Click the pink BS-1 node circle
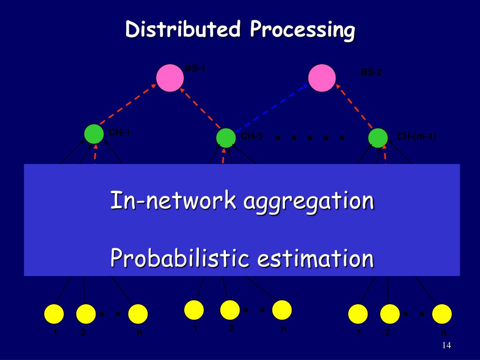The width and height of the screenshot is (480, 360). [x=170, y=78]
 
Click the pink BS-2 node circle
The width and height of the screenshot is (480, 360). [x=322, y=78]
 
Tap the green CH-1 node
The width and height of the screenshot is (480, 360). [x=94, y=134]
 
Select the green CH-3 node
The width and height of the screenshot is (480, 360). [x=226, y=138]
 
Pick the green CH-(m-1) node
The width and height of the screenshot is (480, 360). [x=378, y=138]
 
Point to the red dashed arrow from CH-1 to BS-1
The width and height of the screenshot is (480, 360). [x=127, y=105]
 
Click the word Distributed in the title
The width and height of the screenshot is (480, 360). [x=183, y=30]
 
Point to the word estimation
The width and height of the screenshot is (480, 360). [x=315, y=258]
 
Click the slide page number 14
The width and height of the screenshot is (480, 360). [x=446, y=345]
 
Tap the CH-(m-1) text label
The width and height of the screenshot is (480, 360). [x=417, y=136]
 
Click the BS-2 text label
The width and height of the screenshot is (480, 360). [x=371, y=73]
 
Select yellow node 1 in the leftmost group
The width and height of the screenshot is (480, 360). [x=54, y=314]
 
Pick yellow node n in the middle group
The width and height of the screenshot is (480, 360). [x=282, y=310]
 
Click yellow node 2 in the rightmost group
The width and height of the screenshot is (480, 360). [x=390, y=314]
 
